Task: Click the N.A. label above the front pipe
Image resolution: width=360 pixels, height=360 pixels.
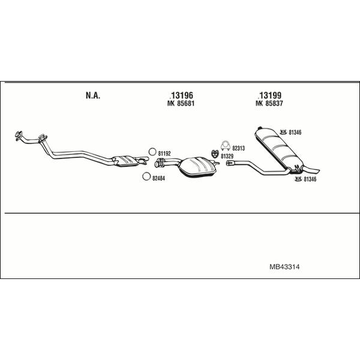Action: [93, 95]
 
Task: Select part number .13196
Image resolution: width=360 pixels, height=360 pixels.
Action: [181, 95]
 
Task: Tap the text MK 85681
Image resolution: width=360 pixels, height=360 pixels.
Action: [181, 104]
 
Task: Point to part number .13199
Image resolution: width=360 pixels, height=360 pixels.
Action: [269, 95]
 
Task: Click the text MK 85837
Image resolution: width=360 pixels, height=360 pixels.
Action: [269, 104]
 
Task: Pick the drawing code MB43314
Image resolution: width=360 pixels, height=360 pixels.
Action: [284, 267]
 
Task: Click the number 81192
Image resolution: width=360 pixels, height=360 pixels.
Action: [164, 154]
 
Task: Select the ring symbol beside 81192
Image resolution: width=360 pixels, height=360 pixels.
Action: [152, 152]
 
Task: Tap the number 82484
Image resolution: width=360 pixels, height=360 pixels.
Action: [158, 178]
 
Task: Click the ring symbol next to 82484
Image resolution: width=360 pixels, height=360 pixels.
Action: [146, 176]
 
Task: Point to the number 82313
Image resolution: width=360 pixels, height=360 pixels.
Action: [239, 148]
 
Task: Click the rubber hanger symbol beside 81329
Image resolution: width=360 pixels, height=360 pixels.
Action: [215, 154]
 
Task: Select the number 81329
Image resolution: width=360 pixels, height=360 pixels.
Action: [227, 157]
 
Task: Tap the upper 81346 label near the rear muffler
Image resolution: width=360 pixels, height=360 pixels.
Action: [295, 133]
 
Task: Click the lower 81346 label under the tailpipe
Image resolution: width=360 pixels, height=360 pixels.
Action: [310, 179]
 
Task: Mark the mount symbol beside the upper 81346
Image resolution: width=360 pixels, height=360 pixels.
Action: [284, 132]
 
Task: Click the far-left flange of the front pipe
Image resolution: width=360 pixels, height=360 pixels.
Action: [18, 136]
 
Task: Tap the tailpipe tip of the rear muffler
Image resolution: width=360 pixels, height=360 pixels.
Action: [317, 171]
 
